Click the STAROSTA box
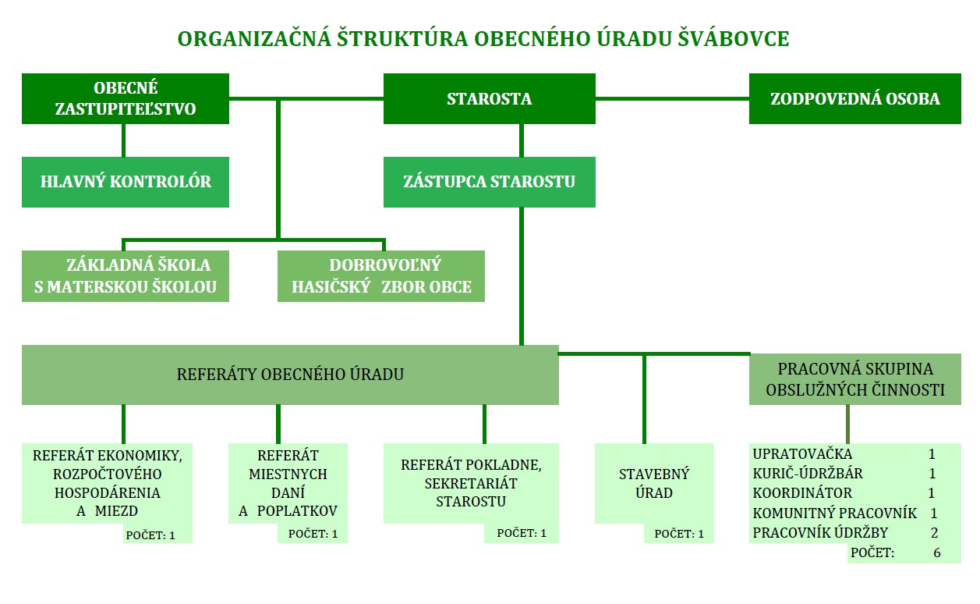[489, 98]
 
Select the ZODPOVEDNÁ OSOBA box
[855, 98]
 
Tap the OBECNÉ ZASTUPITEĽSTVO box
[126, 98]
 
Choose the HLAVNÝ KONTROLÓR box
[126, 182]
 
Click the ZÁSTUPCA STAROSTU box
[489, 182]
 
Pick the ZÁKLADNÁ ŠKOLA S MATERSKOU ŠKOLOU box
[126, 276]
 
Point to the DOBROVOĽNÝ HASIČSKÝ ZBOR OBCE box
[381, 276]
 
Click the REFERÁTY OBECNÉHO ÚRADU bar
[290, 375]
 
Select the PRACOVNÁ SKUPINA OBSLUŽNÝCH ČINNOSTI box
[855, 379]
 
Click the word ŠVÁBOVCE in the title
[734, 38]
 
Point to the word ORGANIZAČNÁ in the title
[254, 38]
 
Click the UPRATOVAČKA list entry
[802, 454]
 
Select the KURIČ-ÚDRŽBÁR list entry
[808, 474]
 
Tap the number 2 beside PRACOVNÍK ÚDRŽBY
[934, 533]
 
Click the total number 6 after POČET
[936, 552]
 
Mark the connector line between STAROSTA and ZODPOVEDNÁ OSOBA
[673, 98]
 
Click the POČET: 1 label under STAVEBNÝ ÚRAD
[679, 534]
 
